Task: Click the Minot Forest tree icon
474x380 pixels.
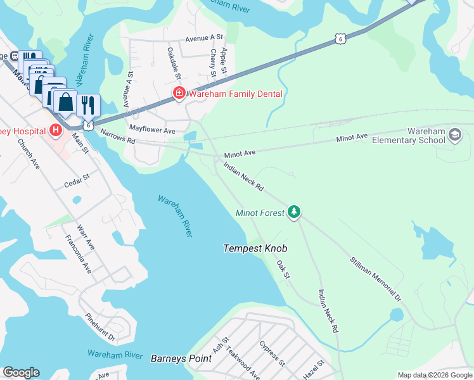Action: pyautogui.click(x=293, y=212)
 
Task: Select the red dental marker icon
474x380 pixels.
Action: pyautogui.click(x=179, y=94)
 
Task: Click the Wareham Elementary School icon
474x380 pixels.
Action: pyautogui.click(x=454, y=135)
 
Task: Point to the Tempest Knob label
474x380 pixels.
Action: pyautogui.click(x=252, y=249)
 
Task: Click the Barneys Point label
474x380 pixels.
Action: pyautogui.click(x=181, y=358)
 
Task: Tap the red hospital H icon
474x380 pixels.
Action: pyautogui.click(x=56, y=130)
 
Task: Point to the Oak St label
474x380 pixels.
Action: pyautogui.click(x=283, y=271)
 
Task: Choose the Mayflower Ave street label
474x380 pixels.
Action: pyautogui.click(x=152, y=129)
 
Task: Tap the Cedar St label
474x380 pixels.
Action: pyautogui.click(x=79, y=184)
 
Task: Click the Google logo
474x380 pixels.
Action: pyautogui.click(x=21, y=372)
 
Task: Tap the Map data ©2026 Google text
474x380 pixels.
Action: pyautogui.click(x=435, y=375)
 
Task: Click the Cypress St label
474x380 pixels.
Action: pyautogui.click(x=272, y=353)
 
